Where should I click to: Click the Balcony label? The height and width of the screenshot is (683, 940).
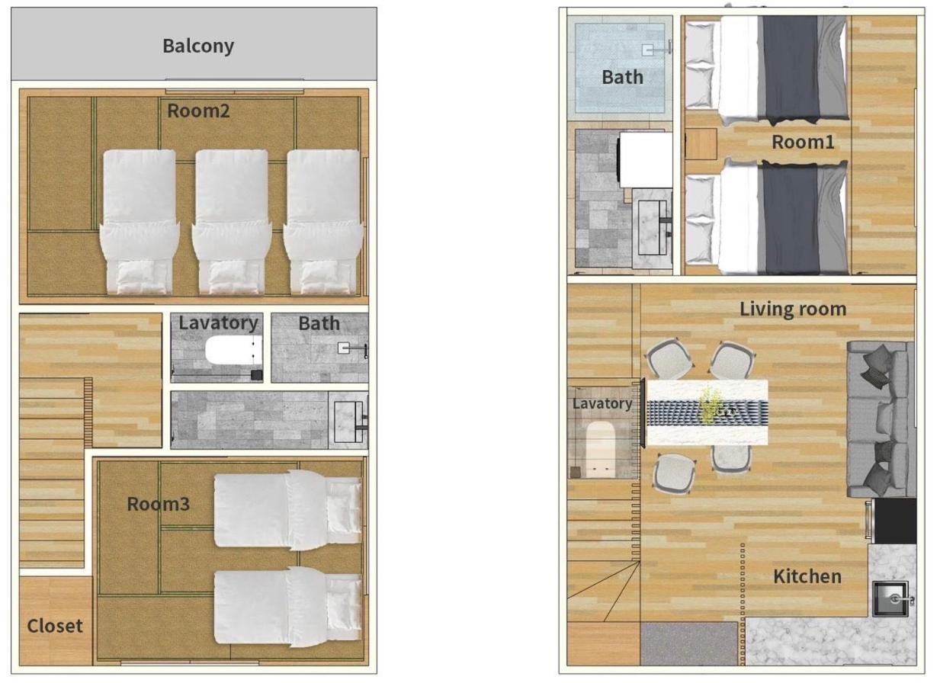tap(198, 46)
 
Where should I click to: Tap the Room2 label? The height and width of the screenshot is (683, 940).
tap(198, 111)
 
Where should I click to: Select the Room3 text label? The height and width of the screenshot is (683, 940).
tap(159, 504)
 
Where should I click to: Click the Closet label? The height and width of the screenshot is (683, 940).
tap(55, 626)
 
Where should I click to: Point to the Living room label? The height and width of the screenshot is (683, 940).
tap(793, 309)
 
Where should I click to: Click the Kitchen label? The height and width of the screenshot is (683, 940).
tap(807, 577)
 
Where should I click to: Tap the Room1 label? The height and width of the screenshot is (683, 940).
tap(803, 143)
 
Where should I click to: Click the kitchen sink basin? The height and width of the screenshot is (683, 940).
tap(890, 598)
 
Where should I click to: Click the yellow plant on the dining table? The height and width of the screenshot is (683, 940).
tap(709, 404)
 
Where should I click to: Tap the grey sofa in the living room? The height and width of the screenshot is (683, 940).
tap(881, 419)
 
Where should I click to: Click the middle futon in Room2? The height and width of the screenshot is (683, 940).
tap(232, 222)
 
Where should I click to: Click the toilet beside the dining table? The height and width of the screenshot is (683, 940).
tap(600, 449)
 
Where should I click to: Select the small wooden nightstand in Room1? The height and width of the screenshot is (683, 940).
tap(701, 144)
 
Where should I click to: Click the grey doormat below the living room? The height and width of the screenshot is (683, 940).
tap(689, 643)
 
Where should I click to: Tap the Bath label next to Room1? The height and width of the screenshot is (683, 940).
tap(622, 77)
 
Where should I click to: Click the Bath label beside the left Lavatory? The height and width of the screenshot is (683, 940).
tap(319, 323)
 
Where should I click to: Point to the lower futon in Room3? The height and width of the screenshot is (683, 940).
tap(288, 607)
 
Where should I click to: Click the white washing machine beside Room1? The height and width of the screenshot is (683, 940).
tap(645, 160)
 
